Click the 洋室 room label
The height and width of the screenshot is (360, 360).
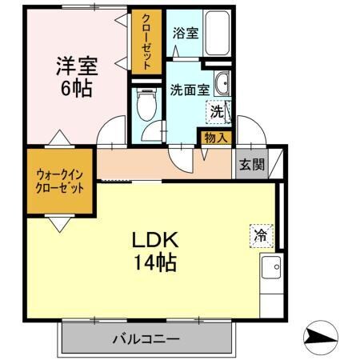pyautogui.click(x=74, y=63)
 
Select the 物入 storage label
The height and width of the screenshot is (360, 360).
pyautogui.click(x=215, y=138)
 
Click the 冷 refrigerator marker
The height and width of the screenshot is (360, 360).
pyautogui.click(x=261, y=235)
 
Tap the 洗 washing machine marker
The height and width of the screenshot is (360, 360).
pyautogui.click(x=216, y=113)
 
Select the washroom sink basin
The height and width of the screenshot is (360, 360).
pyautogui.click(x=223, y=82)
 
